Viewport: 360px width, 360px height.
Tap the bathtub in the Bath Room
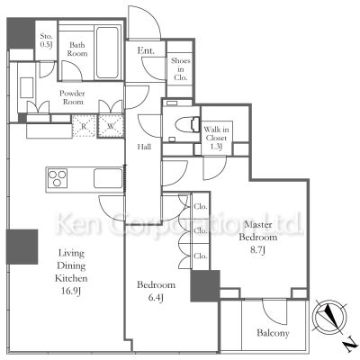tap(107, 52)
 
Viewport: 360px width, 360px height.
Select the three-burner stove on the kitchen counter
tap(58, 178)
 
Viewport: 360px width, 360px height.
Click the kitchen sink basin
tap(108, 178)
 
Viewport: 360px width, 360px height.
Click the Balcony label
tap(273, 333)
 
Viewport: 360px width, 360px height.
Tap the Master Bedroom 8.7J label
tap(258, 237)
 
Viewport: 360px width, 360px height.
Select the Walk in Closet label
tap(216, 138)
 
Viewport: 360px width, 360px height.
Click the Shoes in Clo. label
tap(180, 69)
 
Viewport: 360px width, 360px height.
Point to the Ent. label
tap(146, 50)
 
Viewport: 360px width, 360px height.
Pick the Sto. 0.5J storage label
tap(47, 40)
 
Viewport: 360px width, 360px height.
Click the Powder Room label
tap(72, 97)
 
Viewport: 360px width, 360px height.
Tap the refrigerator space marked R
tap(84, 126)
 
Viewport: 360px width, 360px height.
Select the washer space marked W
tap(111, 126)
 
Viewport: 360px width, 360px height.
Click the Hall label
tap(144, 147)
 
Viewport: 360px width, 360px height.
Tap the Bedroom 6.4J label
tap(156, 291)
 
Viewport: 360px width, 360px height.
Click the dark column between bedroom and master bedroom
tap(205, 285)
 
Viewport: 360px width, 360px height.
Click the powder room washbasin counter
tap(27, 87)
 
